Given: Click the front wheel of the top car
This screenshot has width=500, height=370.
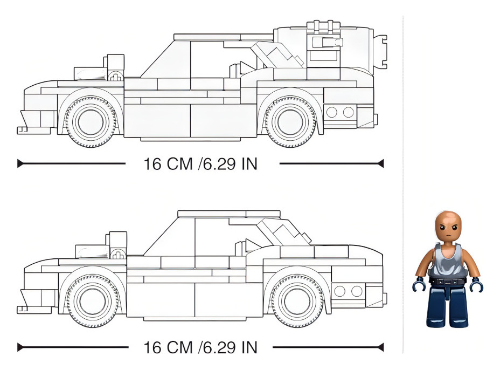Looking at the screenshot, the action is click(x=91, y=122).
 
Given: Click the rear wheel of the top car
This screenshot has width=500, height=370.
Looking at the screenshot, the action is click(x=290, y=122).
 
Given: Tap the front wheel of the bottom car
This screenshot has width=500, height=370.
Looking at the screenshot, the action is click(x=93, y=301).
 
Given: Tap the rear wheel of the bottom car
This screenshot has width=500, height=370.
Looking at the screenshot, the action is click(x=297, y=301).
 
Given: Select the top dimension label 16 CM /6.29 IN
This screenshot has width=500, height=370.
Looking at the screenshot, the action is click(x=200, y=164).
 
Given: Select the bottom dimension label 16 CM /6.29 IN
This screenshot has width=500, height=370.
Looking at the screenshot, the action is click(x=200, y=347).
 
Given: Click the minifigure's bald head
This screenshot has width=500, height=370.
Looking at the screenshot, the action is click(x=448, y=227).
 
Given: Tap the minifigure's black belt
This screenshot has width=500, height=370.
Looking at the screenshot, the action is click(x=447, y=281).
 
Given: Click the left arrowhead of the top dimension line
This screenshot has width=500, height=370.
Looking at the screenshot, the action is click(x=20, y=164).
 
